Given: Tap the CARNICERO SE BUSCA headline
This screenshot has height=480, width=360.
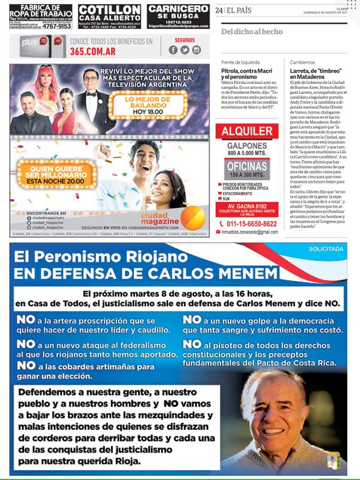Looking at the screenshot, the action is point(177,12).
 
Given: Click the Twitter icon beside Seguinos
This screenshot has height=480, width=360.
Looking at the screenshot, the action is point(185,49).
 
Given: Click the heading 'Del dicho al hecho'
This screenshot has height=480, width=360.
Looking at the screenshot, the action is point(251,32).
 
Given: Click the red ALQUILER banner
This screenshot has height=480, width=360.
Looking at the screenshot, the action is point(248,132).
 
